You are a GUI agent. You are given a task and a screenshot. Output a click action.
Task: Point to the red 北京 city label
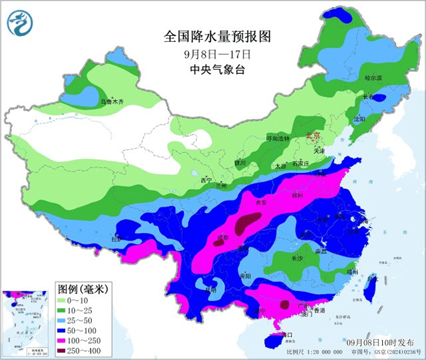pyautogui.click(x=313, y=136)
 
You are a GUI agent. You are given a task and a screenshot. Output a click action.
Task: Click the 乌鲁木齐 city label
pyautogui.click(x=112, y=102)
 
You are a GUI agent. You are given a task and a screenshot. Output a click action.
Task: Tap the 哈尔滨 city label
pyautogui.click(x=373, y=79)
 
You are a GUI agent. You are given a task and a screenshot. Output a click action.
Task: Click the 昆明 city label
pyautogui.click(x=211, y=289)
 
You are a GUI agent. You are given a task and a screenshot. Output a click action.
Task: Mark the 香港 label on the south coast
pyautogui.click(x=320, y=311)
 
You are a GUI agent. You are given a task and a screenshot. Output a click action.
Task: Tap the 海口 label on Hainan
pyautogui.click(x=286, y=334)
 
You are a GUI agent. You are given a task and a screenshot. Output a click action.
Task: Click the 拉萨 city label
pyautogui.click(x=117, y=240)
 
